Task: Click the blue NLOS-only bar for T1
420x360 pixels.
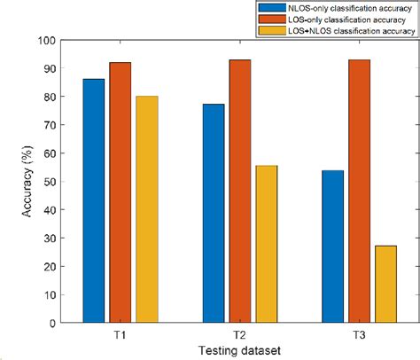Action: pos(94,200)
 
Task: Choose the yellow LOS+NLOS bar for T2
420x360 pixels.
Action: pos(266,244)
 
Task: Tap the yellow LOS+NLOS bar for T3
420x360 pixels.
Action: pos(385,284)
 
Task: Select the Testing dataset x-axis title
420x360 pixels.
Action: pos(239,351)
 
